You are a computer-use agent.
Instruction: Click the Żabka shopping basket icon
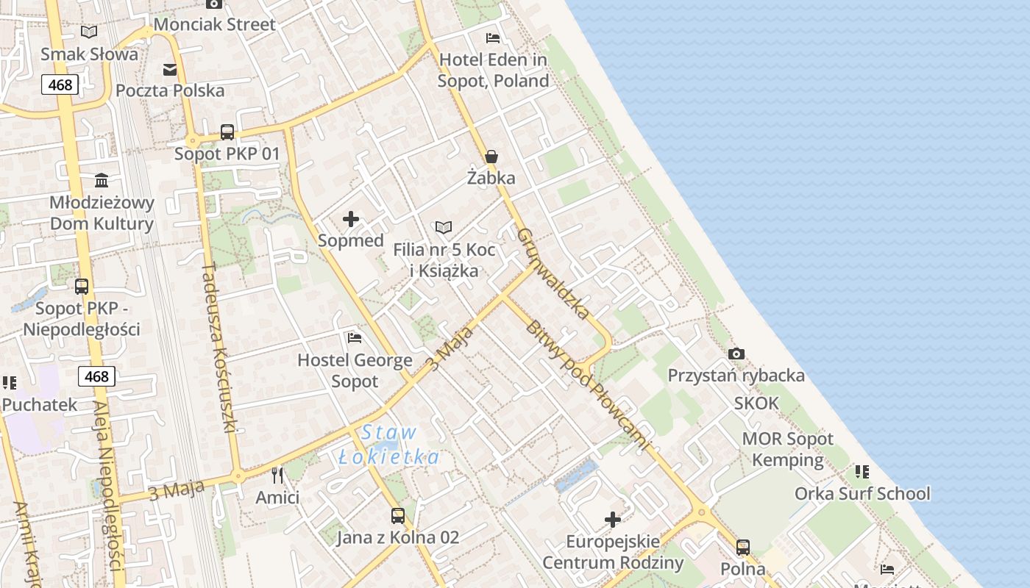[x=491, y=157]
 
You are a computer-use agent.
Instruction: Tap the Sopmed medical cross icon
[x=351, y=218]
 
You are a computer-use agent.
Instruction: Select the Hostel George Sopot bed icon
[x=355, y=338]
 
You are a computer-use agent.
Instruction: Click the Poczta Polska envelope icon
[x=170, y=69]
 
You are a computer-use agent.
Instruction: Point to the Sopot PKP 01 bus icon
[x=227, y=132]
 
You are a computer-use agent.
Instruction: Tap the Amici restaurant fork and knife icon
[x=277, y=476]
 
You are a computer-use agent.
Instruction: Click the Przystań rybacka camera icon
[x=736, y=354]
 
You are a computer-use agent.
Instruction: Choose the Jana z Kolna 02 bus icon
[x=398, y=515]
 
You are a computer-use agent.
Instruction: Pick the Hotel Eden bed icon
[x=493, y=37]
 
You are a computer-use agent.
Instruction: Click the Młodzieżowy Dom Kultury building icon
[x=102, y=180]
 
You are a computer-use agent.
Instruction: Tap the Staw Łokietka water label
[x=389, y=445]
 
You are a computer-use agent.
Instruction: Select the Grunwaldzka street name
[x=553, y=273]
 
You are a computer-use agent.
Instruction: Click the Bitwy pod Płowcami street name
[x=586, y=384]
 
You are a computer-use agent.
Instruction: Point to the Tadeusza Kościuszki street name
[x=219, y=348]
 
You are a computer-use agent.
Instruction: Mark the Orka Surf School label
[x=862, y=493]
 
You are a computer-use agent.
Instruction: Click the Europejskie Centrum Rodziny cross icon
[x=613, y=520]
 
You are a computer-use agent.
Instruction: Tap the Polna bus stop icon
[x=743, y=548]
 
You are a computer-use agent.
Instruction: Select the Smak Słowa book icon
[x=89, y=32]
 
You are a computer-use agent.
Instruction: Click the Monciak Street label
[x=215, y=24]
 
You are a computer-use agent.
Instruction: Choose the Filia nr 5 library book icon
[x=443, y=227]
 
